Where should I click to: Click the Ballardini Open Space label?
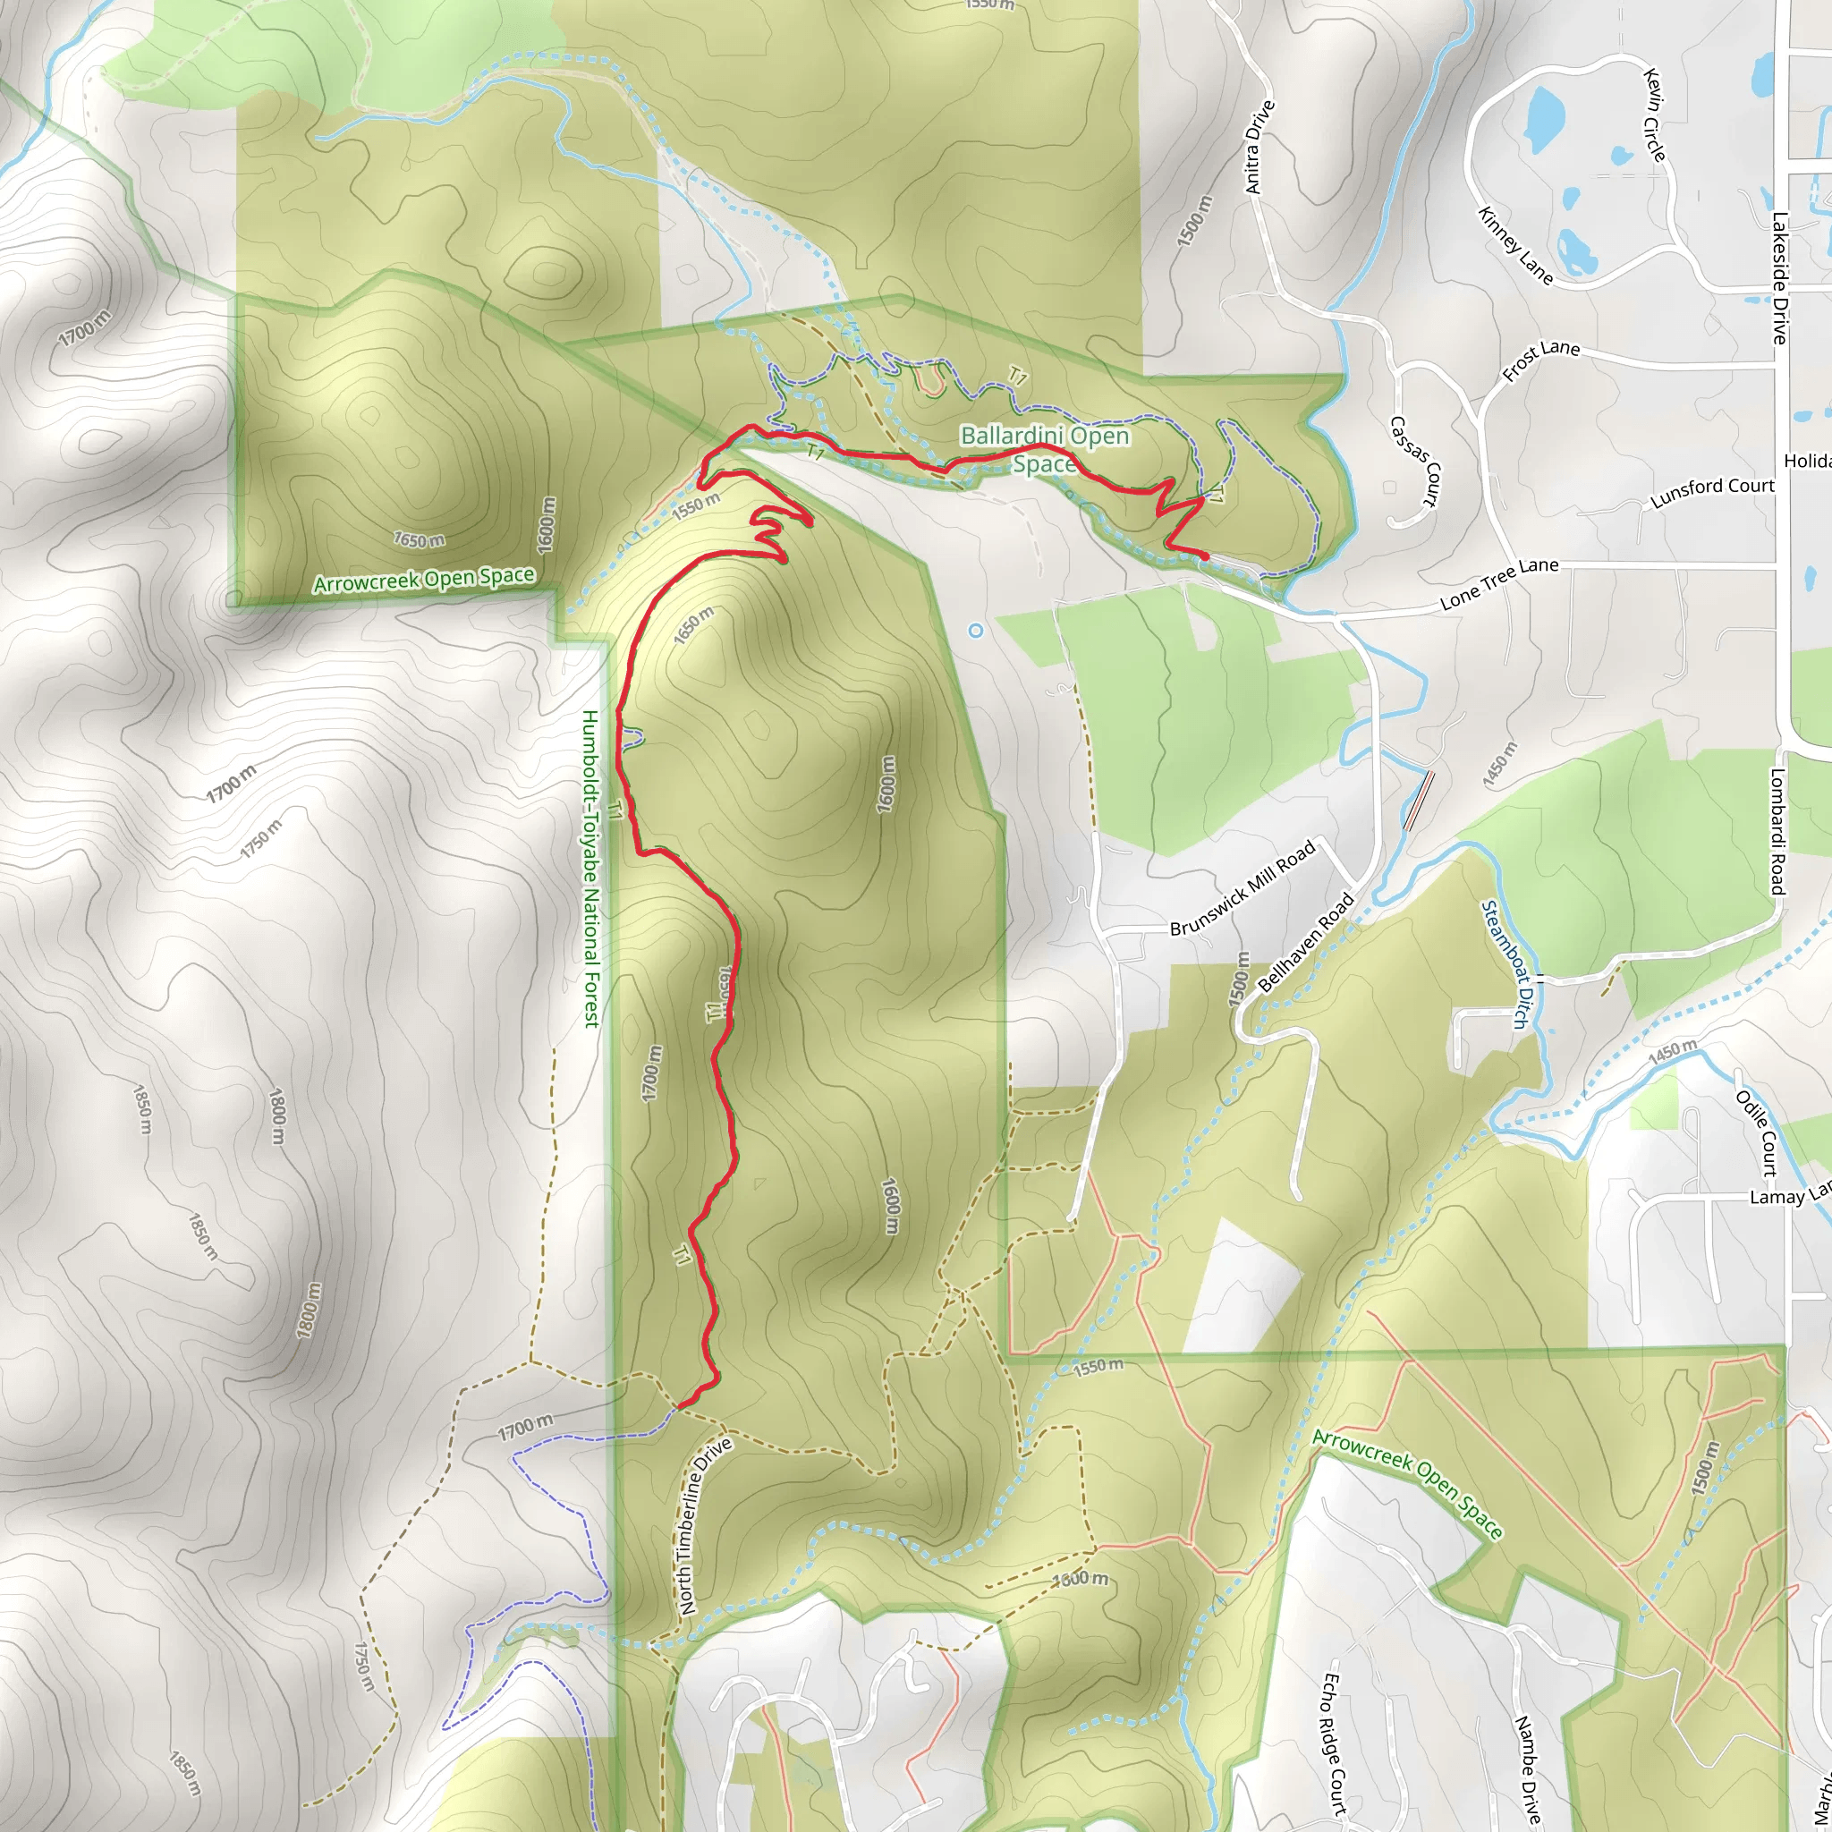pyautogui.click(x=1044, y=449)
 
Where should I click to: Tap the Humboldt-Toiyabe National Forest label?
pyautogui.click(x=590, y=868)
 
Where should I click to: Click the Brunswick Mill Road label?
pyautogui.click(x=1243, y=888)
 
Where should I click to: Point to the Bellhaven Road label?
pyautogui.click(x=1306, y=942)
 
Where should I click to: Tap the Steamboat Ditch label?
pyautogui.click(x=1504, y=964)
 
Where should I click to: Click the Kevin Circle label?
pyautogui.click(x=1655, y=114)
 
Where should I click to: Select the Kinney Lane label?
pyautogui.click(x=1515, y=244)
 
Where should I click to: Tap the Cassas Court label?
pyautogui.click(x=1415, y=461)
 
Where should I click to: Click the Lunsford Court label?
pyautogui.click(x=1711, y=492)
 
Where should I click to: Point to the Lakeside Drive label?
pyautogui.click(x=1779, y=278)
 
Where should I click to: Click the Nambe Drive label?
pyautogui.click(x=1527, y=1769)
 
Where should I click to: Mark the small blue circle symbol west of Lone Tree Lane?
pyautogui.click(x=976, y=631)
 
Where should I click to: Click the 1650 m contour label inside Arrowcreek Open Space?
pyautogui.click(x=420, y=540)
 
